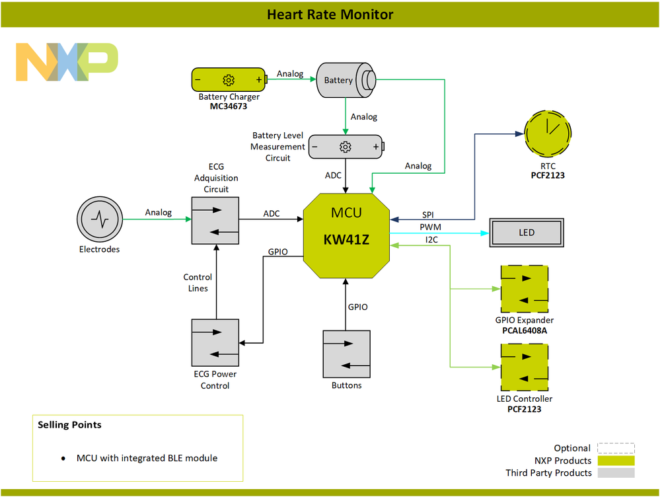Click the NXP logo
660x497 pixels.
[x=67, y=62]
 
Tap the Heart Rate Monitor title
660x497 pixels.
[x=330, y=14]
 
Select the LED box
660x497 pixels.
[x=527, y=233]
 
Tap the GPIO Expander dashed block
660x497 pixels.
[x=524, y=289]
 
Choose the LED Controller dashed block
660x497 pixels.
[x=524, y=367]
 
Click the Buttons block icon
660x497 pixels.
[x=346, y=354]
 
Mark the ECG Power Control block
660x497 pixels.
[x=215, y=342]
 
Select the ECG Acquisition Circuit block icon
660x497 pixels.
[x=215, y=220]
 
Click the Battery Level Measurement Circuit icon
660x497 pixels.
[x=346, y=147]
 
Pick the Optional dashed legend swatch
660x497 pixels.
[x=615, y=448]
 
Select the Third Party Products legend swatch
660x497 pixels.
[x=615, y=473]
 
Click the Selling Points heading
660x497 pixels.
[x=69, y=424]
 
